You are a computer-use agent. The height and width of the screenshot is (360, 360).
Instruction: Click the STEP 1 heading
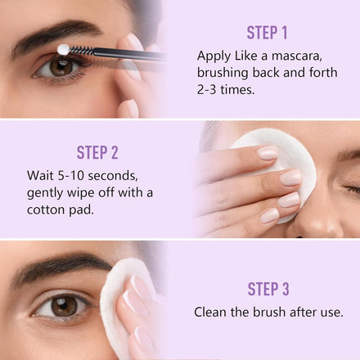pos(267,33)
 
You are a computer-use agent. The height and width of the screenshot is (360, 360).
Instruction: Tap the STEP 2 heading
pos(97,152)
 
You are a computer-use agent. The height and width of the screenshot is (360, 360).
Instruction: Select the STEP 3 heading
pos(268,289)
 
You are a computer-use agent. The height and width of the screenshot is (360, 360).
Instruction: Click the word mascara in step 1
pos(297,56)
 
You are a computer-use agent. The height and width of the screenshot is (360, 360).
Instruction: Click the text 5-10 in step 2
pos(70,175)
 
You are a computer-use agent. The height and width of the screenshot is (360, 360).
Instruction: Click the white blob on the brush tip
pos(64,50)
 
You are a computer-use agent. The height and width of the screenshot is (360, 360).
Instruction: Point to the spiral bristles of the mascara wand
pos(82,51)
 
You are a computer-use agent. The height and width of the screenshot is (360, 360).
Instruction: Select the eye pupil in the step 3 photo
pos(64,305)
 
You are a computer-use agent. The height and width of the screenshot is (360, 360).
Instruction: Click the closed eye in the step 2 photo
pos(352,189)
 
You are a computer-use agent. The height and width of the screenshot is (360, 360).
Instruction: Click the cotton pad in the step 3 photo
pos(115,303)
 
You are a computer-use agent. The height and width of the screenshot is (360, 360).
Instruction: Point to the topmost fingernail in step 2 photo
pos(268,152)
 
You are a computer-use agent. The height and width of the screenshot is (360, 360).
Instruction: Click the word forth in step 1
pos(323,73)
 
